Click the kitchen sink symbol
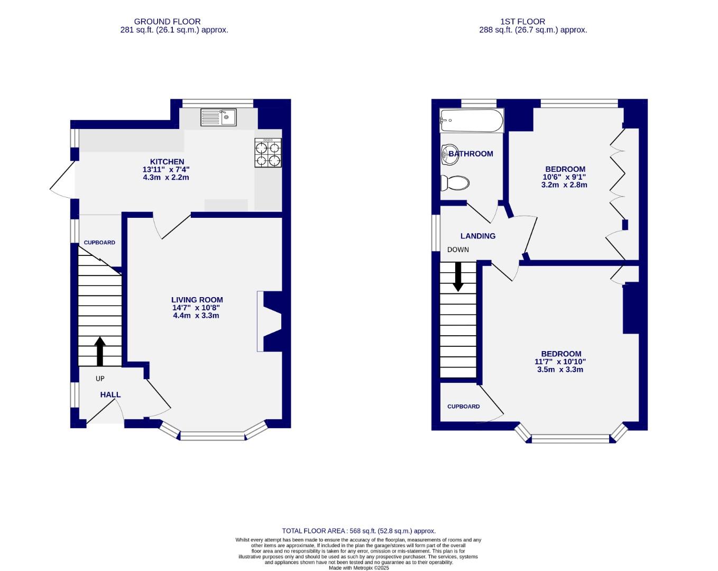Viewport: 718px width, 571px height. [218, 117]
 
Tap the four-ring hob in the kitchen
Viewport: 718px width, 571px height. [268, 153]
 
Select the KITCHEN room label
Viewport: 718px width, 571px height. [167, 162]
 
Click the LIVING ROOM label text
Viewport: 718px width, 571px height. [197, 300]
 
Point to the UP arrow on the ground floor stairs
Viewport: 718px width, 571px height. [100, 352]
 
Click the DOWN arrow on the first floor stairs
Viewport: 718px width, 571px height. [458, 276]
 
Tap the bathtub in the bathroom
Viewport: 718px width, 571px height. [471, 121]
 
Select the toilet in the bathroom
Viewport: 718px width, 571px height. [455, 183]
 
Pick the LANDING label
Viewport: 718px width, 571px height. [477, 236]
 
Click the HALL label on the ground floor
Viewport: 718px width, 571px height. [111, 394]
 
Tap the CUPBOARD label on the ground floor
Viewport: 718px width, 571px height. [99, 243]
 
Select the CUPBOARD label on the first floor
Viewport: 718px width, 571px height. [464, 407]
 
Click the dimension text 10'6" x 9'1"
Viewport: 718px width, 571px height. [564, 177]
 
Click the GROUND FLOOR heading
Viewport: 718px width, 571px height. [167, 22]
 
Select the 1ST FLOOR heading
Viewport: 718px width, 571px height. [522, 22]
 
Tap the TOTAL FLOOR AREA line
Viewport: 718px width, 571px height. [358, 531]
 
